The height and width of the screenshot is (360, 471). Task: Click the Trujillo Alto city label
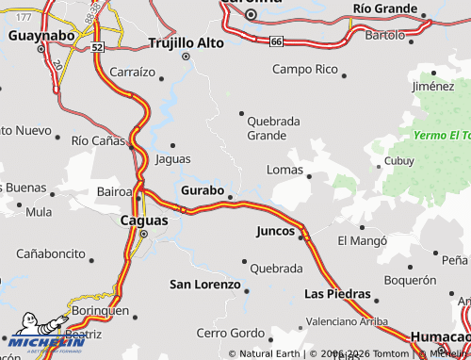tap(189, 42)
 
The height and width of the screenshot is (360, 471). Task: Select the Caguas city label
tap(145, 221)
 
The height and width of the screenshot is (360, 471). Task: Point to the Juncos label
tap(275, 230)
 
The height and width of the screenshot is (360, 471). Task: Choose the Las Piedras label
tap(337, 294)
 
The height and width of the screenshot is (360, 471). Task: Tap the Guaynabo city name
tap(41, 35)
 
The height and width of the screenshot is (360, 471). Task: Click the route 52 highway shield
tap(99, 45)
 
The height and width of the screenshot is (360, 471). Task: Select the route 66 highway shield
tap(275, 41)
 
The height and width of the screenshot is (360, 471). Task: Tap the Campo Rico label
tap(304, 69)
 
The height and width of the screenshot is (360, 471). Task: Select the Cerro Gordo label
tap(230, 333)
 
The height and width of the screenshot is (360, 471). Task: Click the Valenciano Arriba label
tap(347, 321)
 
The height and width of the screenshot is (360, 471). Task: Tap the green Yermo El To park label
tap(441, 135)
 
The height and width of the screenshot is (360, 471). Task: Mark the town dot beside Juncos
tap(302, 237)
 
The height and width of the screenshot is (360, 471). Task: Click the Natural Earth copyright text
tap(271, 353)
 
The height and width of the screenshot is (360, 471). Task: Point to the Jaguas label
tap(172, 158)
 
